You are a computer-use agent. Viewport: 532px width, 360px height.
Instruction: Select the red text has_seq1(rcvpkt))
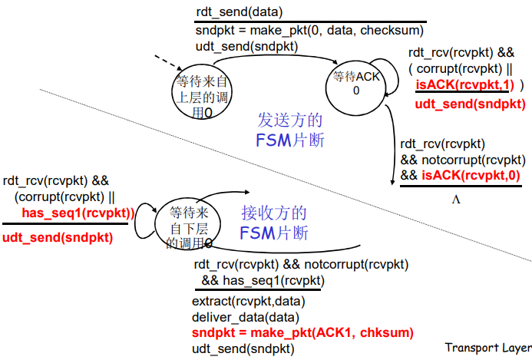(x=78, y=213)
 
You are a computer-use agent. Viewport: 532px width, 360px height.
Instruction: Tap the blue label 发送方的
(x=289, y=121)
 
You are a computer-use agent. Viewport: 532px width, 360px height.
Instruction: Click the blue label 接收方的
(x=274, y=213)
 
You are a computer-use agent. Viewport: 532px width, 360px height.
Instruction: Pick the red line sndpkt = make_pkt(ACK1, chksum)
(x=302, y=332)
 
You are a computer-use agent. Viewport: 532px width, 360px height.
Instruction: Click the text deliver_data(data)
(x=245, y=317)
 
